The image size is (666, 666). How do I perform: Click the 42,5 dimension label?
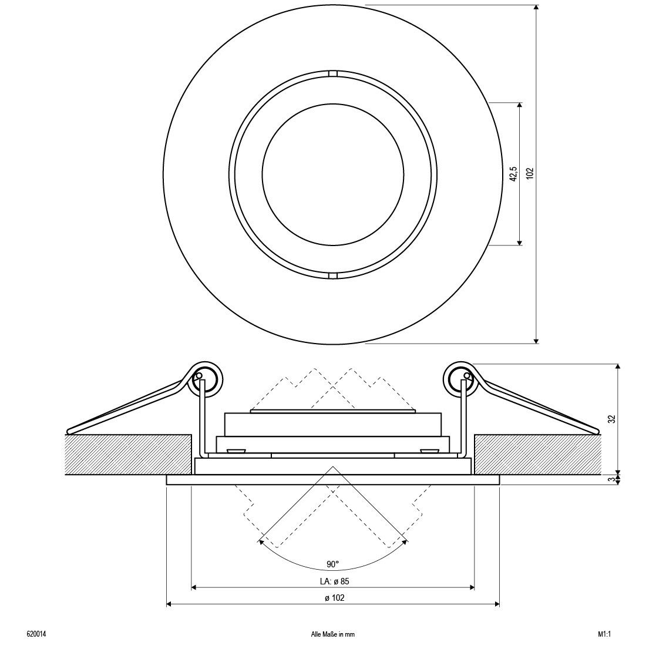(x=513, y=173)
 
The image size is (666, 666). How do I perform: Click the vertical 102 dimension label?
(x=530, y=173)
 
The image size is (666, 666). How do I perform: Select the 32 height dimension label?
(x=611, y=419)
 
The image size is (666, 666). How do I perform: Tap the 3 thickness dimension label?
(x=611, y=479)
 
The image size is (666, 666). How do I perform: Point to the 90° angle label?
(x=332, y=564)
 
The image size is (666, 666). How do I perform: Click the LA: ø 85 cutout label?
(x=332, y=581)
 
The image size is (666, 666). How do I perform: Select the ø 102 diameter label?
(x=333, y=598)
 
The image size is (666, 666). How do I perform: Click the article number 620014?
(x=36, y=634)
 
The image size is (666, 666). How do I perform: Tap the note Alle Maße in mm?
(x=333, y=634)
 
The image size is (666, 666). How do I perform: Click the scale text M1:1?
(x=597, y=634)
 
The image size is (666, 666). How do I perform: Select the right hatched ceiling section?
(x=537, y=454)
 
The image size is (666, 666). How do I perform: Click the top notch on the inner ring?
(x=332, y=74)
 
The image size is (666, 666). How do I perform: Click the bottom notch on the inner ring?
(x=332, y=274)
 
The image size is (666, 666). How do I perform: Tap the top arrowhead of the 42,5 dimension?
(x=519, y=106)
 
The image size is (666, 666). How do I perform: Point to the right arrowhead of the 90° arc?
(x=404, y=544)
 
